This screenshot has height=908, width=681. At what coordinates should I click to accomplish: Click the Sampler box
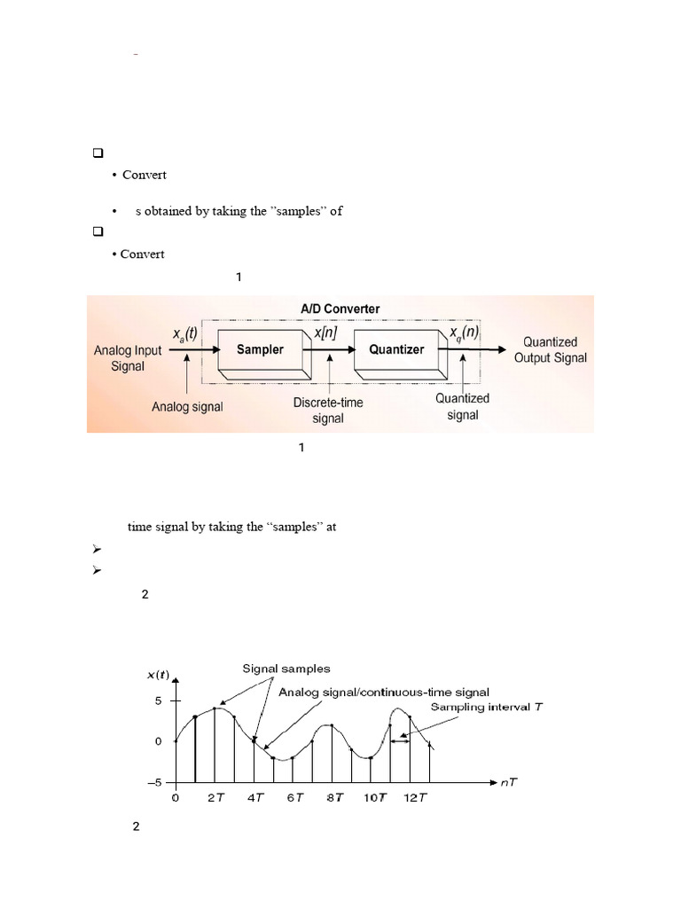(x=260, y=350)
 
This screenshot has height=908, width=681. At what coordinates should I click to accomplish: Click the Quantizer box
(x=396, y=350)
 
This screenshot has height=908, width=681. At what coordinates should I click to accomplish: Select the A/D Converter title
(x=340, y=309)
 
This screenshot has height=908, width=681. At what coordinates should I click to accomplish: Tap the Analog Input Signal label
(x=128, y=357)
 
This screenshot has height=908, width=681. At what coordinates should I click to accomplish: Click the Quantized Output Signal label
(x=550, y=349)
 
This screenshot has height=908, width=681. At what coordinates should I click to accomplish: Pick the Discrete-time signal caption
(x=328, y=410)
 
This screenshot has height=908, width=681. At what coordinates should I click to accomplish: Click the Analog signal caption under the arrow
(x=188, y=407)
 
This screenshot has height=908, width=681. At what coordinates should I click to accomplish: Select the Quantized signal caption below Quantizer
(x=462, y=406)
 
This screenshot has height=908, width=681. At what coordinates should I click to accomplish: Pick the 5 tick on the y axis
(x=158, y=701)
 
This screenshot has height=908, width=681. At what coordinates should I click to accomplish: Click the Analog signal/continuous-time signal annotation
(x=384, y=691)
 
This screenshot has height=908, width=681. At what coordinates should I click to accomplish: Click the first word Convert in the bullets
(x=144, y=175)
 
